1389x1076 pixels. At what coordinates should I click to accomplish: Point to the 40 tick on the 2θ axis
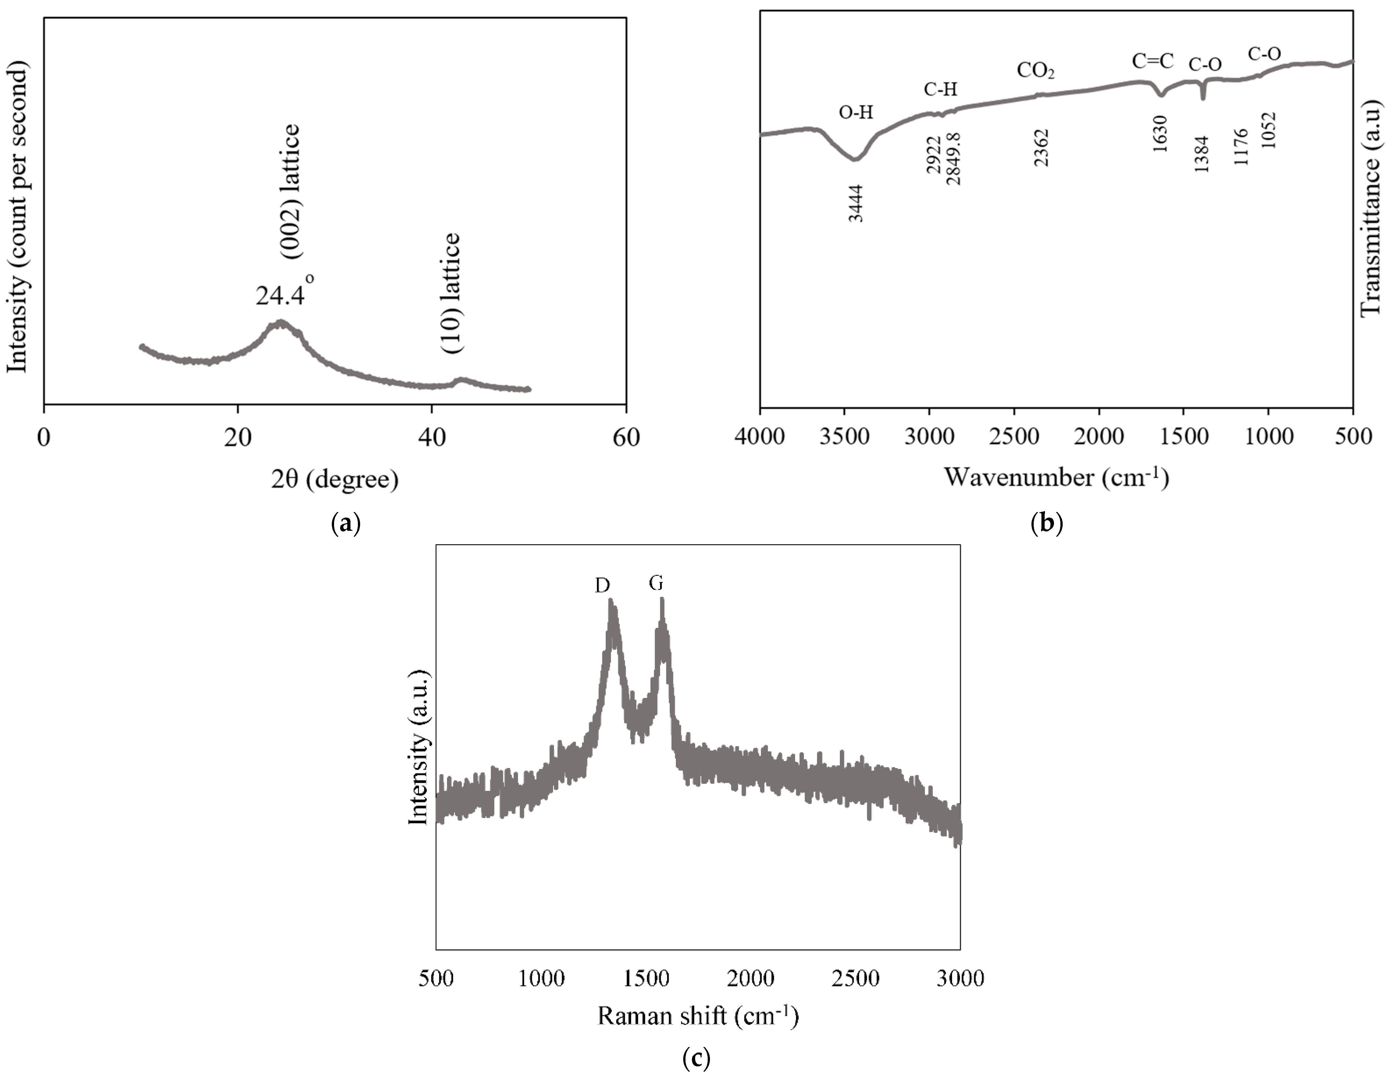point(432,438)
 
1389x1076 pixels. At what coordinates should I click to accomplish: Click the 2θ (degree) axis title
point(334,479)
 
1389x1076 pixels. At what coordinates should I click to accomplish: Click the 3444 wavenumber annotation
point(856,203)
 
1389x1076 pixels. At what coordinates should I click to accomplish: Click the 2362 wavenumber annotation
point(1041,148)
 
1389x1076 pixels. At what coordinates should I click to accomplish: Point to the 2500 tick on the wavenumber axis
point(1014,437)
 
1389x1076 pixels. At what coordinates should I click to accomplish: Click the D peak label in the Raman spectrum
point(602,585)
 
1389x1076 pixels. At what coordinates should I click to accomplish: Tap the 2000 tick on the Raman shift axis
point(750,978)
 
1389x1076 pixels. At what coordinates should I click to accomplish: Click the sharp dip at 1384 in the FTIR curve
point(1202,97)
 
